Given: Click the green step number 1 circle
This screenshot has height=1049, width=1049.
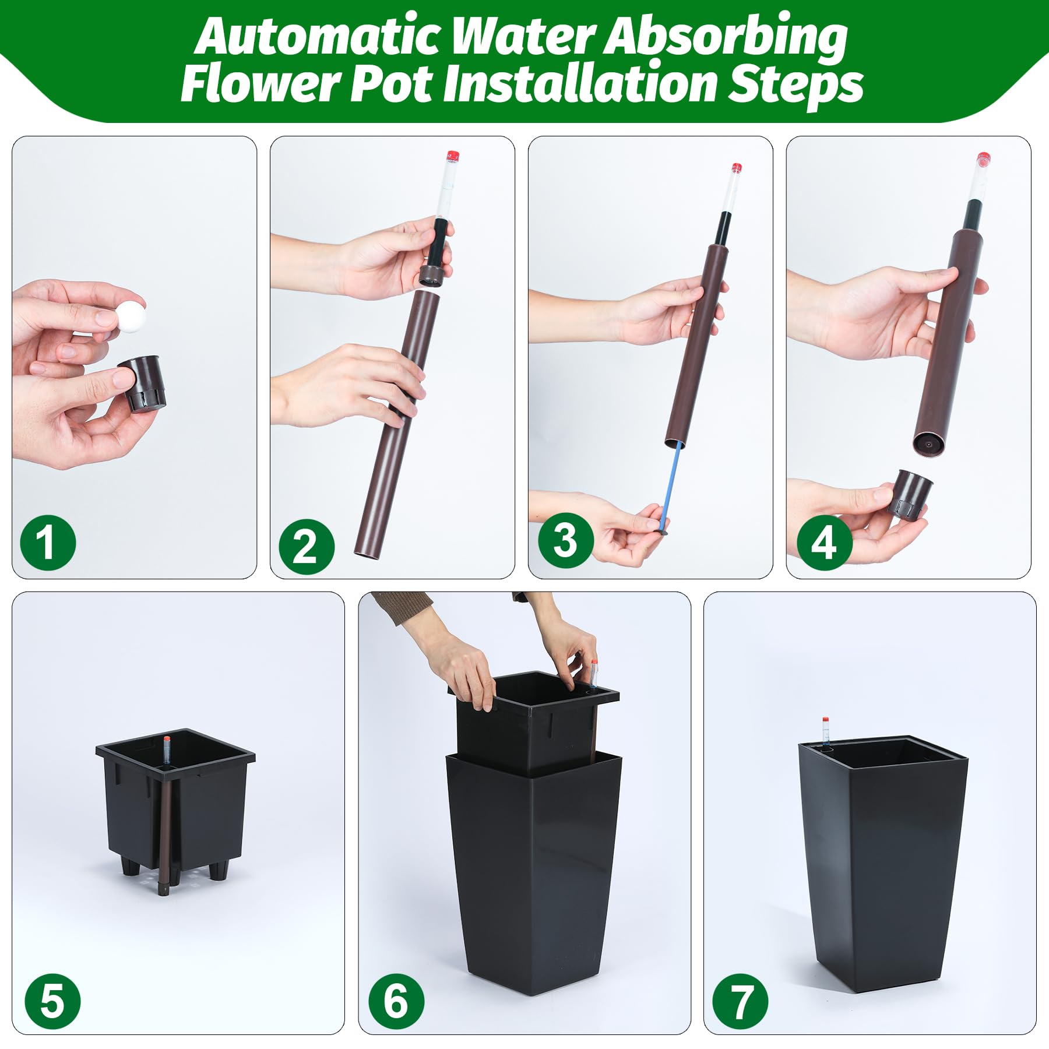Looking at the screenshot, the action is coord(48,542).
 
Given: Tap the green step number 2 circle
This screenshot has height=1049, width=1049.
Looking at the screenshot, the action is coord(307,547).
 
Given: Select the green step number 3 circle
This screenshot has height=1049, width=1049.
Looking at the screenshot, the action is coord(565,541).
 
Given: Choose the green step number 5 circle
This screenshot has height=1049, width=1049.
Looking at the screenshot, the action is coord(52,1001).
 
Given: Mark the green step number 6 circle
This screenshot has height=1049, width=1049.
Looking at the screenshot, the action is coord(396,1001).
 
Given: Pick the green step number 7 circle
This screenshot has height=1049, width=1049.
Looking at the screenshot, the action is coord(741,1001).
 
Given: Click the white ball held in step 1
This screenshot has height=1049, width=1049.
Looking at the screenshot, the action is coord(129,317).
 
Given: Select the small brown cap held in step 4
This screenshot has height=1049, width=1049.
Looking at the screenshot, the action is coord(910,493).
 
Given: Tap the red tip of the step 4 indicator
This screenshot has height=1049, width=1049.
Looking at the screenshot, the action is coord(984,157).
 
